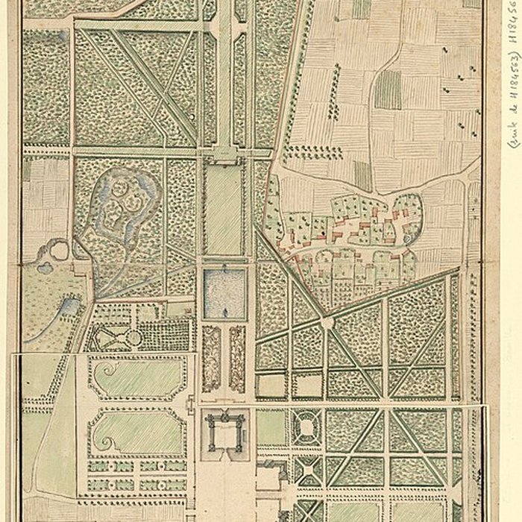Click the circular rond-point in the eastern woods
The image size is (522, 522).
(326, 322)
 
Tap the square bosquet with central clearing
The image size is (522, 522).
(306, 427)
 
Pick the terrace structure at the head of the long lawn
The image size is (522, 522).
(224, 155)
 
